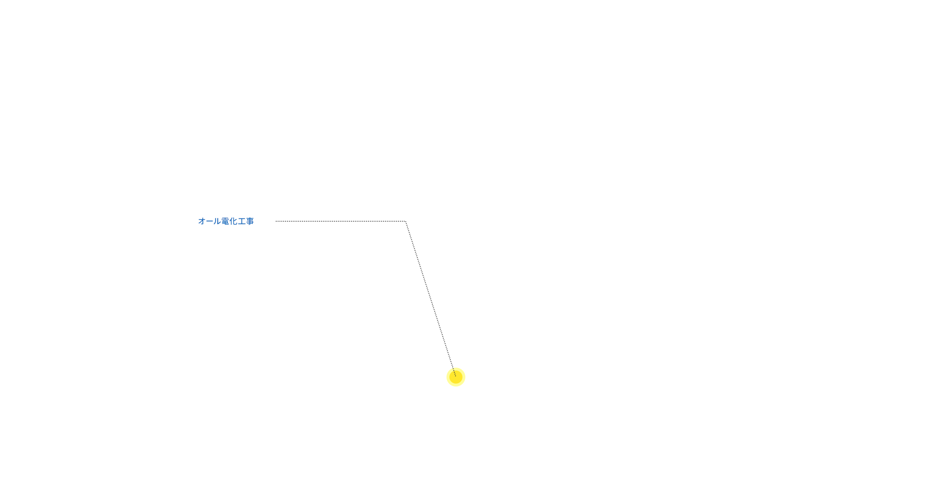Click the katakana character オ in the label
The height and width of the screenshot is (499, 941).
tap(202, 221)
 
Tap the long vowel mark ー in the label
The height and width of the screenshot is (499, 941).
tap(210, 221)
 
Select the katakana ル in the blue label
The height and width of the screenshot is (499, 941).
tap(217, 221)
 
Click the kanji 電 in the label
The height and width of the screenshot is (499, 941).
tap(225, 221)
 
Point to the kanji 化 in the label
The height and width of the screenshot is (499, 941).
tap(233, 221)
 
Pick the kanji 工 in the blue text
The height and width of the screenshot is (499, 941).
tap(242, 221)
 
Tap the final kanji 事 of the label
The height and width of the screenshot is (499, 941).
tap(250, 221)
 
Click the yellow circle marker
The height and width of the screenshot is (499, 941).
tap(456, 377)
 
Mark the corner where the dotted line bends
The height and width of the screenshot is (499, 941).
tap(406, 221)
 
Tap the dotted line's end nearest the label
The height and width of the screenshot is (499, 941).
tap(277, 221)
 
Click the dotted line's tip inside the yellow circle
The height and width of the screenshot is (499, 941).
tap(455, 375)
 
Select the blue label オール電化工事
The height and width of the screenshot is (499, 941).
tap(226, 221)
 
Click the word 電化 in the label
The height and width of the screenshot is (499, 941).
tap(230, 221)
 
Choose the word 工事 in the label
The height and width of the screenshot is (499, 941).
tap(246, 221)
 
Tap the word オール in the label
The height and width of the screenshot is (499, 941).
tap(210, 221)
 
